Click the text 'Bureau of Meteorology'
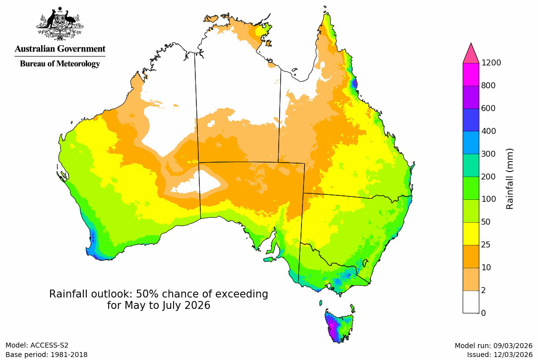click(60, 63)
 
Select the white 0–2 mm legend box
click(471, 301)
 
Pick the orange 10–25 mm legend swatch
click(471, 256)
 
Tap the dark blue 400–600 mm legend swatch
click(471, 120)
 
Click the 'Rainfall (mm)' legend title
click(509, 179)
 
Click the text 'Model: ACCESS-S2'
click(37, 345)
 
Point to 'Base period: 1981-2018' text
click(47, 355)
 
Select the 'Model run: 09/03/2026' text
click(493, 346)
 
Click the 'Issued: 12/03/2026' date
click(499, 355)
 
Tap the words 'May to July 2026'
click(159, 305)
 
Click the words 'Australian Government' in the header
click(60, 49)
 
